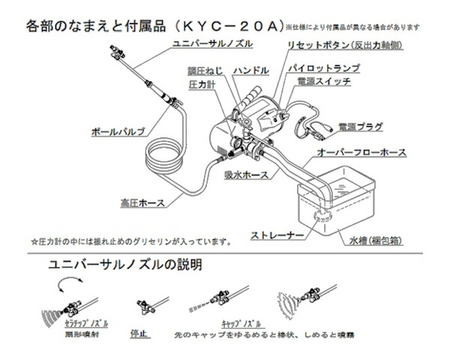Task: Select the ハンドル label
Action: pyautogui.click(x=250, y=70)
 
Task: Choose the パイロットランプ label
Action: pyautogui.click(x=324, y=68)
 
